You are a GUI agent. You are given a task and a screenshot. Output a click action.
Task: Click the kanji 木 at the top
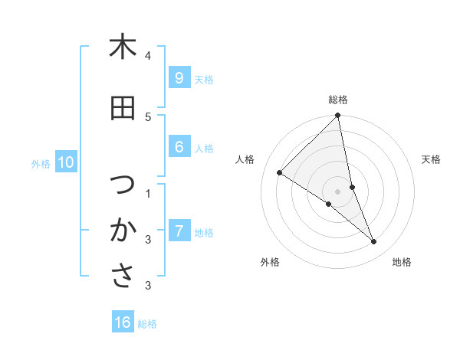coord(122,47)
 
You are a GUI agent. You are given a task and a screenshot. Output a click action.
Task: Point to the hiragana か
coord(122,231)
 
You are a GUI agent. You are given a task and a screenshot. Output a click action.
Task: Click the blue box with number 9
coord(179,78)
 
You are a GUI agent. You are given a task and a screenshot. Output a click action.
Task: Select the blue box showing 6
coord(179,147)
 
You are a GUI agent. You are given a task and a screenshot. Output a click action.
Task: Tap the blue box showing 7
coord(179,231)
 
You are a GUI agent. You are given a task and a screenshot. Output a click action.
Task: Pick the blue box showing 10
coord(65,162)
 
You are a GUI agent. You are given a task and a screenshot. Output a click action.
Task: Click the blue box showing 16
coord(123,322)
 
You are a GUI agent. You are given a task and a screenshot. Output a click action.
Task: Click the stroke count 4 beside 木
coord(148,56)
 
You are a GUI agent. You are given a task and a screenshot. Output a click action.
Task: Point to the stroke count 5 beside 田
coord(148,117)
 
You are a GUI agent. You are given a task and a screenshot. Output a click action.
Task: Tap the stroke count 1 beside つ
coord(148,194)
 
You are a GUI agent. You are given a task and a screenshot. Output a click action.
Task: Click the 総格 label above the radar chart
coord(338,100)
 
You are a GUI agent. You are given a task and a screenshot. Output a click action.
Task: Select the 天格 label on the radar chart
coord(432,159)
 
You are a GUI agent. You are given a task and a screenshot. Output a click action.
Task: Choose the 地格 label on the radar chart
coord(402,262)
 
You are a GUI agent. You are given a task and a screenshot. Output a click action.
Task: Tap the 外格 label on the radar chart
coord(270,262)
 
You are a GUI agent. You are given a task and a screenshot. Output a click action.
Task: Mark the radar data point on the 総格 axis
coord(338,116)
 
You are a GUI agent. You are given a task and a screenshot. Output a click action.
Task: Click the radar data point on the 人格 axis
coord(279,172)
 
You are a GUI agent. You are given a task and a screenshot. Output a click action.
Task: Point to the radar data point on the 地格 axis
coord(374,242)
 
